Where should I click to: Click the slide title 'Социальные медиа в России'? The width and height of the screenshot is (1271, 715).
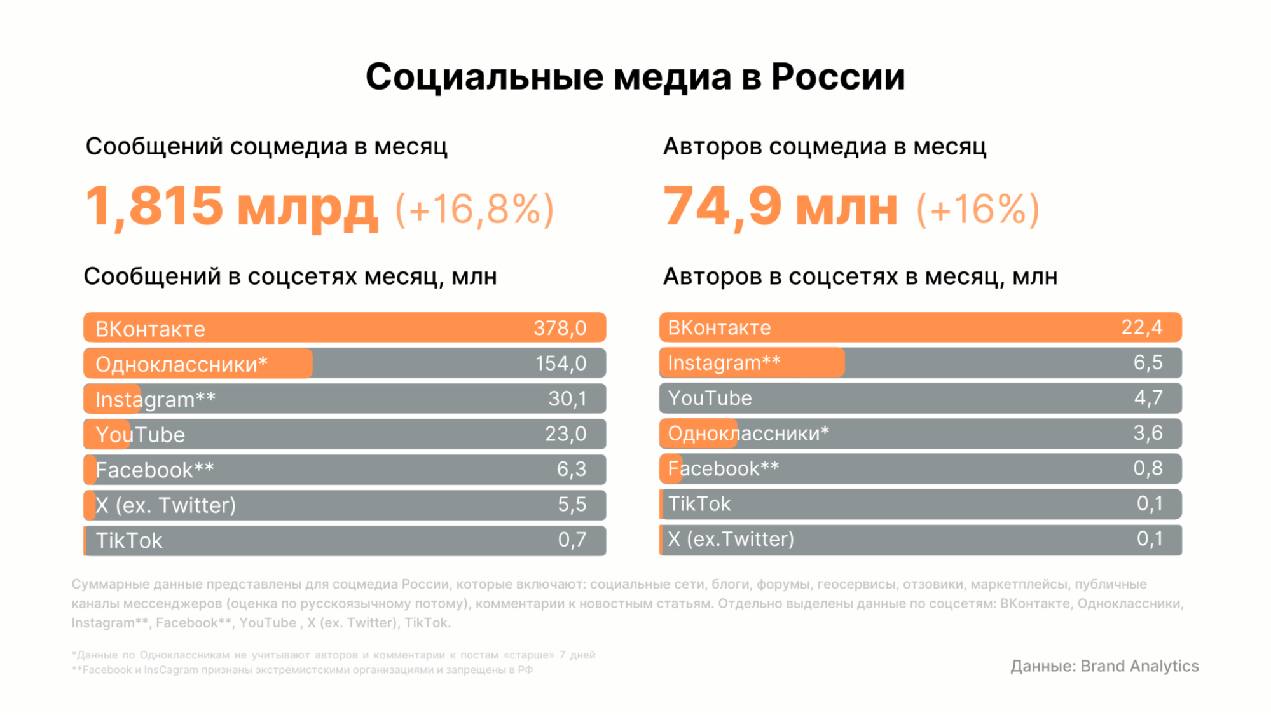click(635, 77)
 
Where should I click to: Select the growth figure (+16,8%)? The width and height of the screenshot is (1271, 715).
click(474, 208)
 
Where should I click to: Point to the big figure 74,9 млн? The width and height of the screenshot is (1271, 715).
click(780, 207)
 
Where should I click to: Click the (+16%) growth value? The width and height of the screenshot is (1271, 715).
click(977, 208)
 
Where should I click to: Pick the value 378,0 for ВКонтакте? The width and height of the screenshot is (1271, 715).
click(560, 328)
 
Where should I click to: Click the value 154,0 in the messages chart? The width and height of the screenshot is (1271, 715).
click(560, 364)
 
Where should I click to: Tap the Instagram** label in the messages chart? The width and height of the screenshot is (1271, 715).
click(155, 399)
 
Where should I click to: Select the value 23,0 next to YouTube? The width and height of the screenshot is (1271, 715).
click(565, 434)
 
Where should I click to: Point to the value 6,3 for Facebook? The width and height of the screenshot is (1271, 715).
click(571, 469)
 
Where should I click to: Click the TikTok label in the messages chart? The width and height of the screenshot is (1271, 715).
click(129, 540)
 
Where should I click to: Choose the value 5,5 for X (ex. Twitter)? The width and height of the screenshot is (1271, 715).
click(572, 505)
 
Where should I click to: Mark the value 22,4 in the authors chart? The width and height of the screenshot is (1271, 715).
click(1141, 327)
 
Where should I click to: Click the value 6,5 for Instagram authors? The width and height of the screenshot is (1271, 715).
click(1148, 362)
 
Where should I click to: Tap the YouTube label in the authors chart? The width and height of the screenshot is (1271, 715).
click(710, 398)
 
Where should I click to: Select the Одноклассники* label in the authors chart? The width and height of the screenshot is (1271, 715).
click(748, 433)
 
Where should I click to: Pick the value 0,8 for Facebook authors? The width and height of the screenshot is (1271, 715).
click(1148, 468)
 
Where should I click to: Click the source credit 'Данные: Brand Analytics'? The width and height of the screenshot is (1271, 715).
click(1104, 666)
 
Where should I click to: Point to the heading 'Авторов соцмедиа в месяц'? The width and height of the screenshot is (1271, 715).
click(825, 146)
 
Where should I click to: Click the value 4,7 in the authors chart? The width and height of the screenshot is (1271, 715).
click(1148, 398)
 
